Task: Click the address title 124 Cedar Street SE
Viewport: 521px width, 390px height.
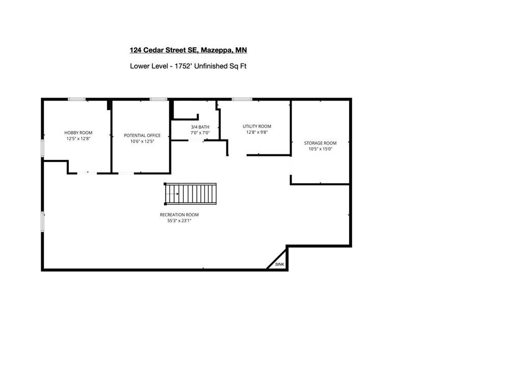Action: coord(188,50)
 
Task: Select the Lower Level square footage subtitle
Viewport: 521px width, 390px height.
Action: coord(188,66)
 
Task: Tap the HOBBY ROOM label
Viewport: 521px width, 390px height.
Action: coord(78,133)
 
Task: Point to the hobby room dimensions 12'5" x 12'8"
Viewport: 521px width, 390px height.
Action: coord(78,139)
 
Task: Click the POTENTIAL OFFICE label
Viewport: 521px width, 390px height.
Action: coord(142,135)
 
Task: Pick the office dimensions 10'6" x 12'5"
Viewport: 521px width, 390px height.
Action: coord(142,141)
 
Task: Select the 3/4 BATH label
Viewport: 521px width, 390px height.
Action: coord(200,127)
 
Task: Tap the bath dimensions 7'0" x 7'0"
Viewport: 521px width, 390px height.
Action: coord(200,133)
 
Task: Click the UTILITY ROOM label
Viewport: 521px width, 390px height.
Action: coord(257,126)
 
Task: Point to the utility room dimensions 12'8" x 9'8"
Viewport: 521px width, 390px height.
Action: coord(257,133)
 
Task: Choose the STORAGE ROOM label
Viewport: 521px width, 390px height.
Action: coord(321,143)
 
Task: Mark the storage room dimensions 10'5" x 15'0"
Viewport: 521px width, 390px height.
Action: coord(321,149)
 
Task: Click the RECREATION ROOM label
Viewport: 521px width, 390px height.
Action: coord(179,215)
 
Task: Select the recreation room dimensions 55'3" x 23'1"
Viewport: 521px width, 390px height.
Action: coord(179,221)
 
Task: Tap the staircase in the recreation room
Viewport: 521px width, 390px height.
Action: coord(190,193)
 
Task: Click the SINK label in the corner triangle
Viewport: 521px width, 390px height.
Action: coord(280,264)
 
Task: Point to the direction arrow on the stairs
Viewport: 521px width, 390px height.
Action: coord(172,194)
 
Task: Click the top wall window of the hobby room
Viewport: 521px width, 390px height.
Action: coord(77,99)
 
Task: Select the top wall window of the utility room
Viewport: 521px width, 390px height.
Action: coord(242,99)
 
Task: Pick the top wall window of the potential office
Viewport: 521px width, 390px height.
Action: coord(159,99)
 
